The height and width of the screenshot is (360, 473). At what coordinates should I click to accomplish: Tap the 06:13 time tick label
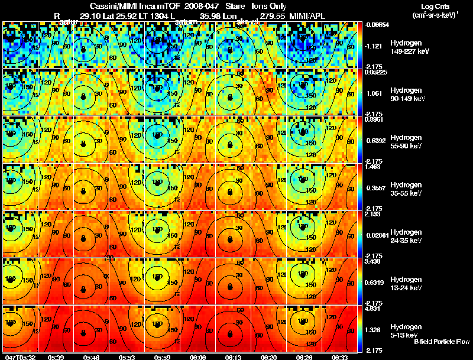[x=232, y=356]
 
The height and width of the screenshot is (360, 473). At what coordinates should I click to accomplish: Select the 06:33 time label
[x=339, y=356]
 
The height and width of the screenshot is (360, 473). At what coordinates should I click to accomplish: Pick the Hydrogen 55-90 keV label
[x=407, y=142]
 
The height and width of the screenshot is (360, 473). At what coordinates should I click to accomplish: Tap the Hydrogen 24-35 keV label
[x=407, y=236]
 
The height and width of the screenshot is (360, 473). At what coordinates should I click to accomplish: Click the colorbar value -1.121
[x=377, y=45]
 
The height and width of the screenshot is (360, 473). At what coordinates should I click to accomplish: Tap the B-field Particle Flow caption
[x=442, y=342]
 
